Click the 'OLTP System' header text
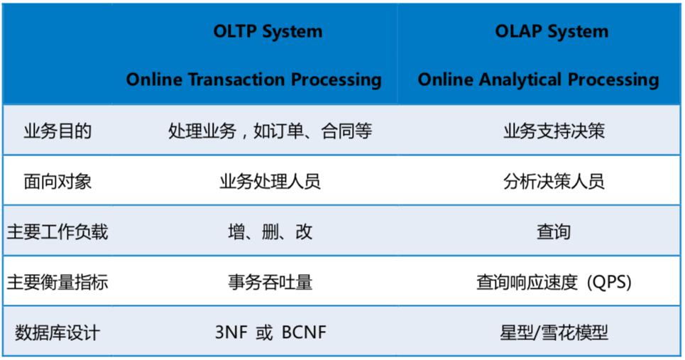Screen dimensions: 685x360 point(268,32)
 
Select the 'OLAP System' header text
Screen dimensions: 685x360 point(552,32)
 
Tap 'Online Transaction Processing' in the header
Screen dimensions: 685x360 point(253,80)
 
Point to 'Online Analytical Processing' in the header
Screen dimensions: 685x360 point(538,80)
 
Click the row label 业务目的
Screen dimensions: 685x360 point(57,131)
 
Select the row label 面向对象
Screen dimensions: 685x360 point(57,182)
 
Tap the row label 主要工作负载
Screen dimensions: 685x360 point(57,232)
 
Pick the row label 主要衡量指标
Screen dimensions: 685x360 point(57,283)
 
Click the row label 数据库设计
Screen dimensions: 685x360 point(57,332)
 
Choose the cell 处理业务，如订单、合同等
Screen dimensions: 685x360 point(270,131)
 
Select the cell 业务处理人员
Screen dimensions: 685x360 point(270,182)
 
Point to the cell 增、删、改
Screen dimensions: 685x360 point(270,232)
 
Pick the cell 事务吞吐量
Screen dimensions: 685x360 point(270,283)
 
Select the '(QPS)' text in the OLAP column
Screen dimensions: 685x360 point(609,283)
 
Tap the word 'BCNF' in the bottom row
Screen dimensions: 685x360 point(304,332)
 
